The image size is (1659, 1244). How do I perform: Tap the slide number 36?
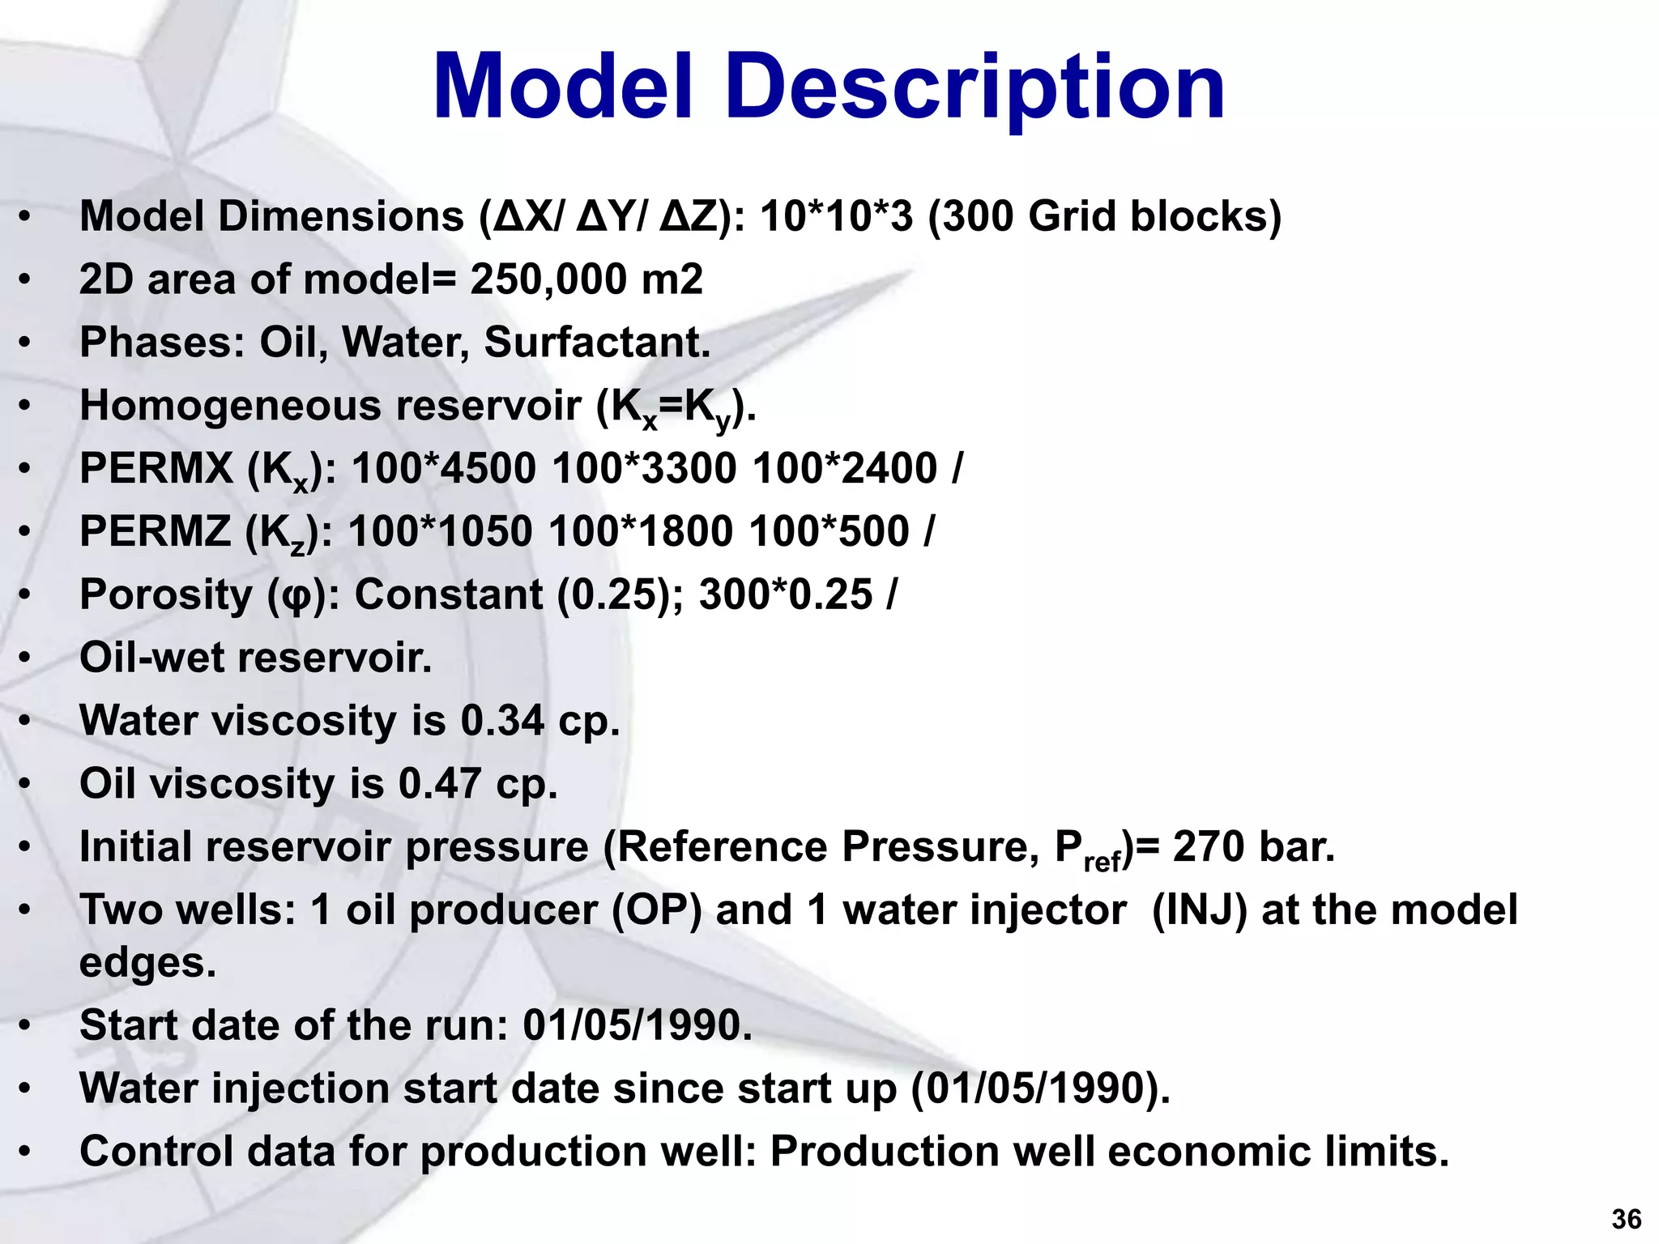click(1627, 1219)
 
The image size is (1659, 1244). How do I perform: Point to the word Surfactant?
click(596, 342)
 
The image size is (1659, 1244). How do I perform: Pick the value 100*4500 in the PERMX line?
click(444, 468)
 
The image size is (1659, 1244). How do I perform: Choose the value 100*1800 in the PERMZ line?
click(640, 531)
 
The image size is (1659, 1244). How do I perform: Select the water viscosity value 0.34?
click(502, 720)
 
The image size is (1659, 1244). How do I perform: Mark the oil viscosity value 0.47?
click(440, 783)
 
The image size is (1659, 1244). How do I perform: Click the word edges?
click(147, 963)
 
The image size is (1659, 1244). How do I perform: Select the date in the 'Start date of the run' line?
click(637, 1025)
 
